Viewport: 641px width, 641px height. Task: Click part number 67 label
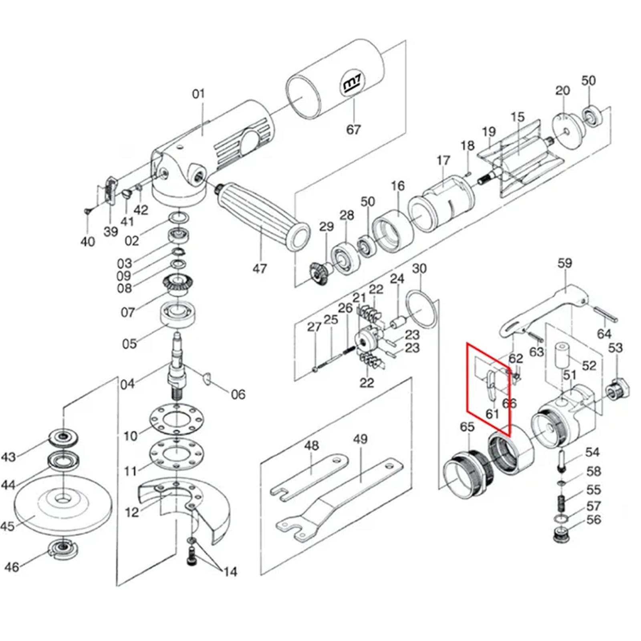point(353,129)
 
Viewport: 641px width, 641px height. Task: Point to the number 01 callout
point(198,94)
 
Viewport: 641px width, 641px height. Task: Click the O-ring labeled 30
point(421,309)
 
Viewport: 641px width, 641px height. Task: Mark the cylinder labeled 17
point(441,204)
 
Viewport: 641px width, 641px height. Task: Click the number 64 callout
point(604,333)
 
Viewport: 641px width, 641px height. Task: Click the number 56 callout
point(594,520)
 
